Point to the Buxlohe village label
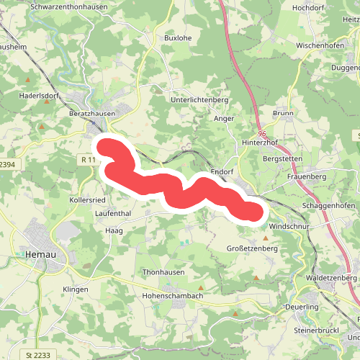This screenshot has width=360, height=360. coord(179,37)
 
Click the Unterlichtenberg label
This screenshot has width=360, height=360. coord(199,100)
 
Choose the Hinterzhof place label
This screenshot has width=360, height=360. coord(261,143)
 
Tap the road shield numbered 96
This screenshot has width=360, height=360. coord(261,133)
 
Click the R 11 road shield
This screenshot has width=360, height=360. coord(89,159)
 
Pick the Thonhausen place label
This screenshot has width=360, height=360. coord(163,272)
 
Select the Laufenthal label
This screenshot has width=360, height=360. coord(112,214)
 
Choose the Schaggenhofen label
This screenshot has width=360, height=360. coord(325,205)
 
